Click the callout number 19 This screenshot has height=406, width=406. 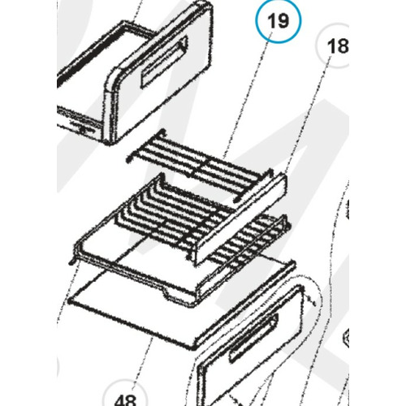pyautogui.click(x=279, y=23)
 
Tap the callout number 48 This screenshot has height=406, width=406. pyautogui.click(x=124, y=398)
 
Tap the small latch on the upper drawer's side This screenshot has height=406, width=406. pyautogui.click(x=81, y=126)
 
